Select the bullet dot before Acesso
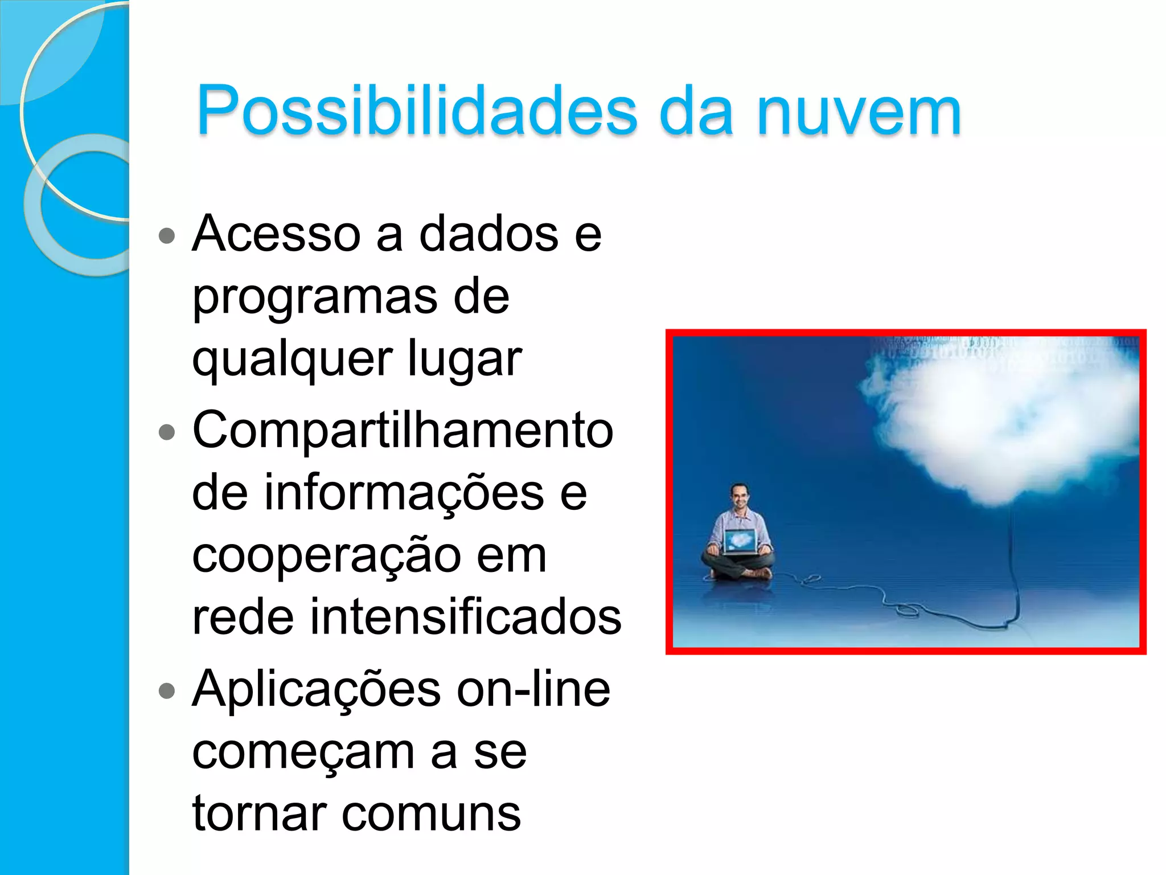point(166,235)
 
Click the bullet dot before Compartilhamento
point(166,432)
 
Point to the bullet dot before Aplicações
point(166,691)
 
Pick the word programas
point(314,297)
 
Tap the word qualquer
point(292,359)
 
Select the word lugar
point(465,359)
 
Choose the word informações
point(403,493)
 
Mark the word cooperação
point(326,556)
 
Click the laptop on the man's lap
point(740,541)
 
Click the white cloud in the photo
point(1002,416)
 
